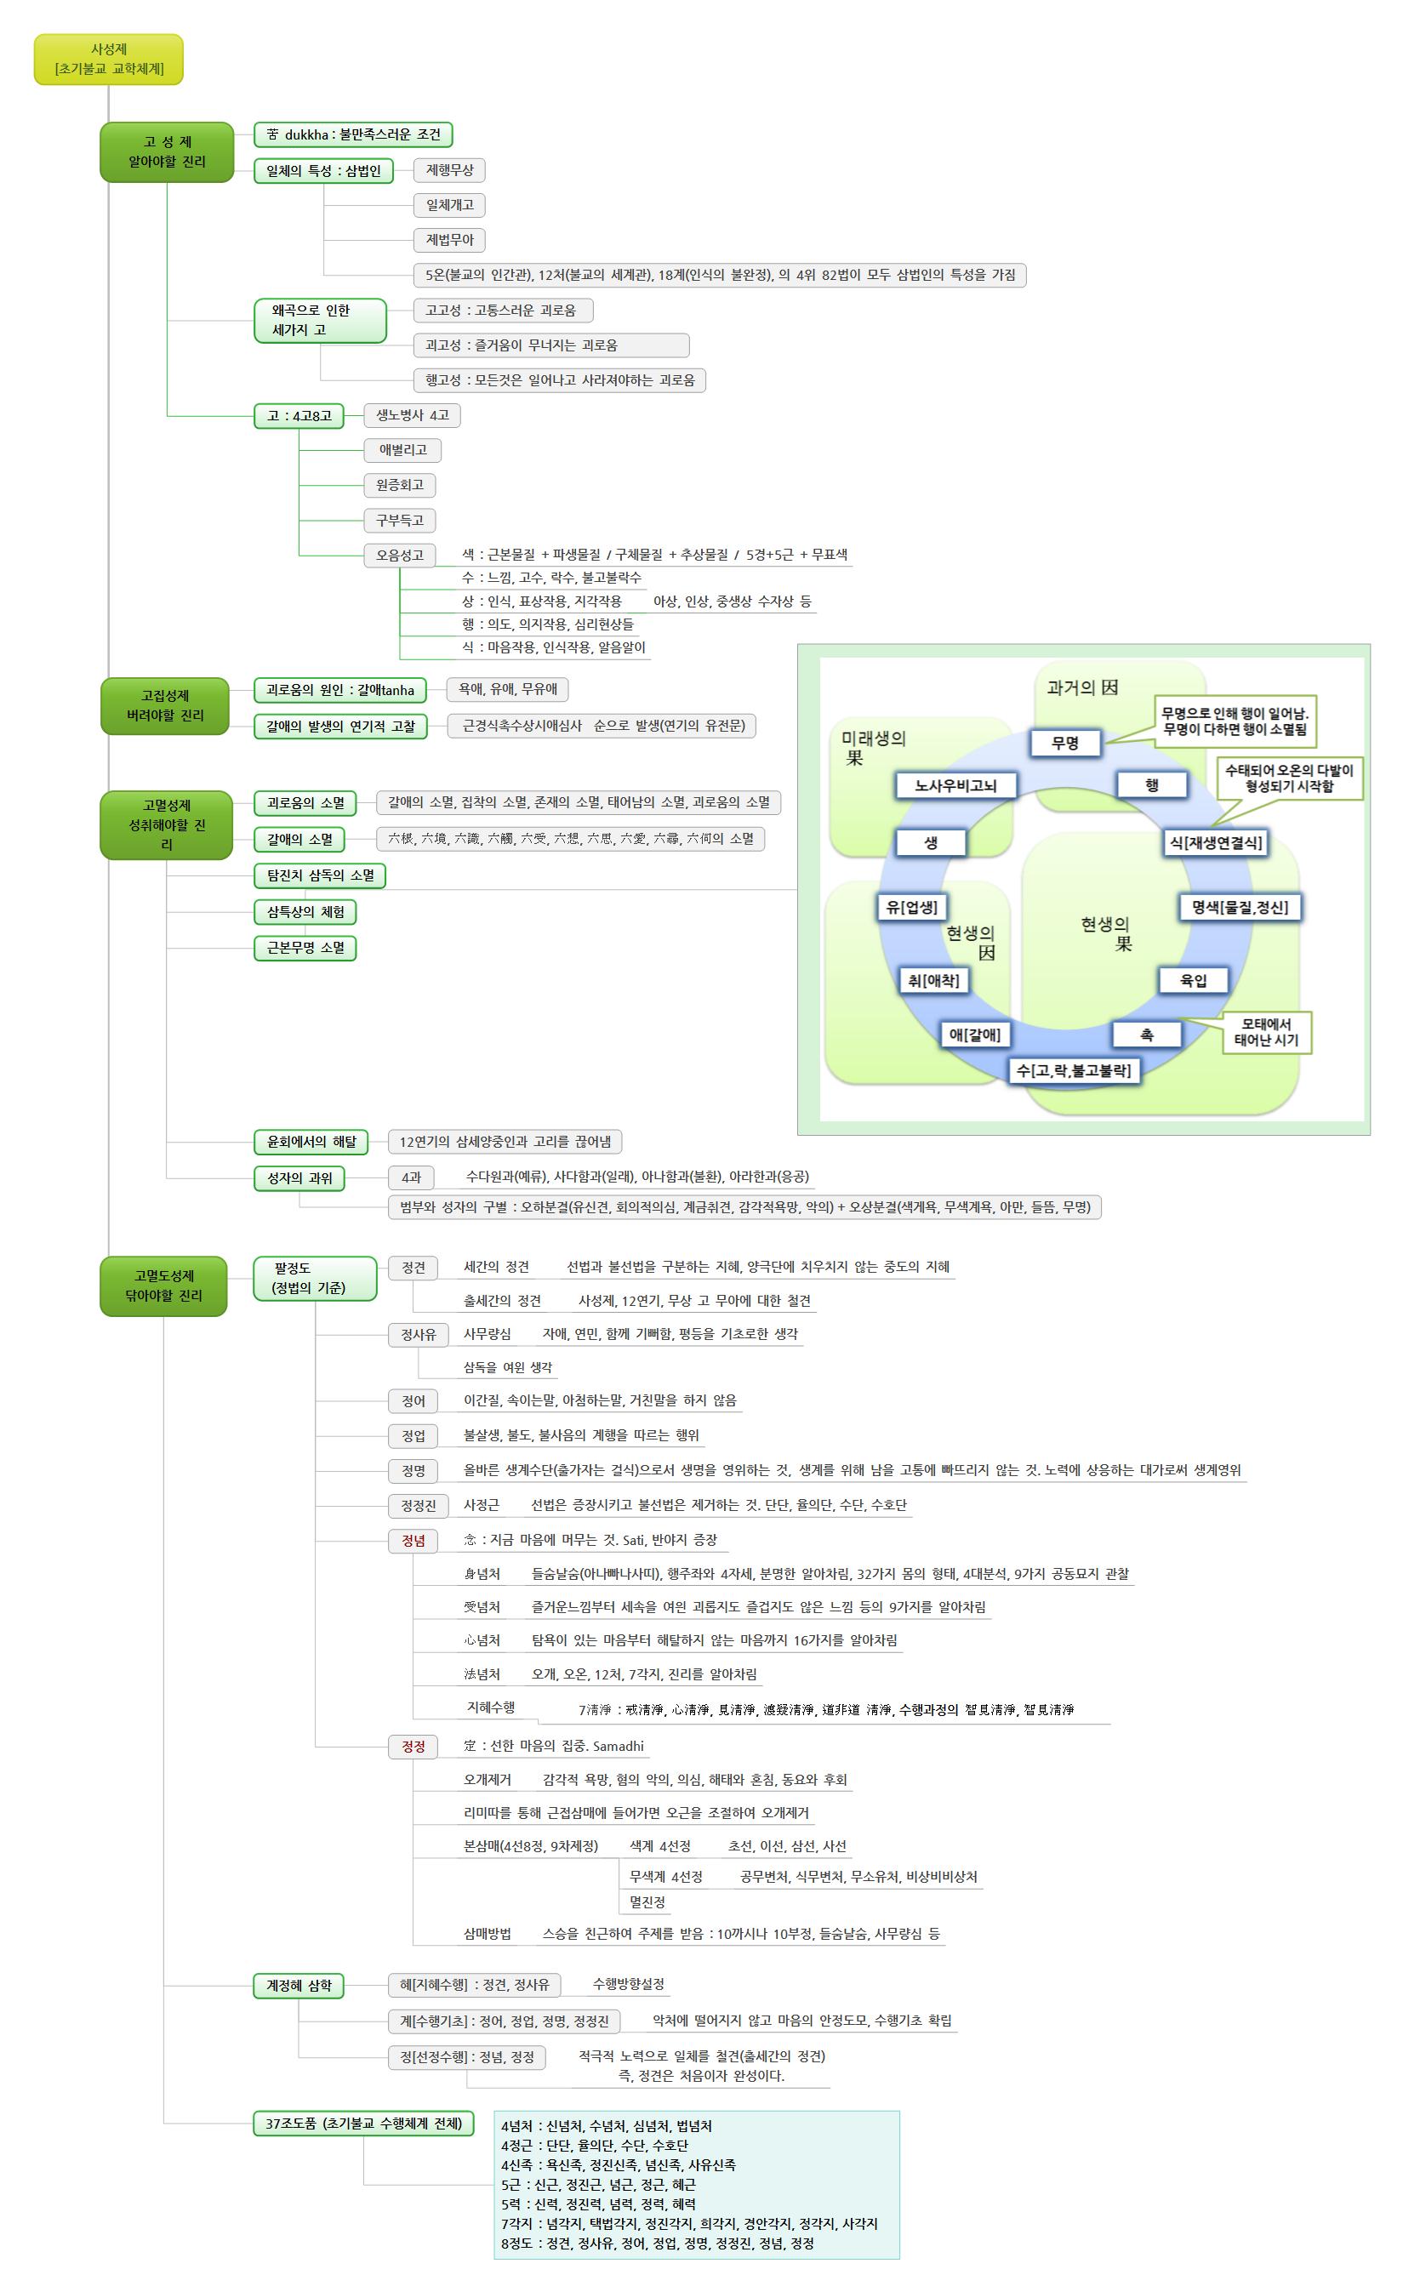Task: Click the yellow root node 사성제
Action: tap(109, 60)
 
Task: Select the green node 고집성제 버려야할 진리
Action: tap(165, 705)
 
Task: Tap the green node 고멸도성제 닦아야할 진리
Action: tap(163, 1286)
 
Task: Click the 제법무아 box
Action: tap(449, 240)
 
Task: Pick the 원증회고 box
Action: tap(399, 485)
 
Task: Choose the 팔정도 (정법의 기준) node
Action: tap(315, 1278)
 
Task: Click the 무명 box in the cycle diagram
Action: tap(1064, 742)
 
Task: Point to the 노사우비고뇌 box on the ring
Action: tap(955, 785)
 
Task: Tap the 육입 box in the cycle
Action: tap(1193, 979)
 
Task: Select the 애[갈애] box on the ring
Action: tap(974, 1034)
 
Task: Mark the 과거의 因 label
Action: tap(1082, 687)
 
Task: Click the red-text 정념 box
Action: tap(413, 1541)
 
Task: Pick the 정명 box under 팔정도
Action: tap(413, 1471)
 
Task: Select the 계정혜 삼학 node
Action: tap(299, 1986)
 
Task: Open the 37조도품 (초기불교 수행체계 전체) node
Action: tap(364, 2124)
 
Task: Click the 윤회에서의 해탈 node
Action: tap(311, 1142)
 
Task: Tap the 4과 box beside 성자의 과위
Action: tap(410, 1177)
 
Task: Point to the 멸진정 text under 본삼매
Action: tap(647, 1902)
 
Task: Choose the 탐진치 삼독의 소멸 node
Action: tap(320, 875)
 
